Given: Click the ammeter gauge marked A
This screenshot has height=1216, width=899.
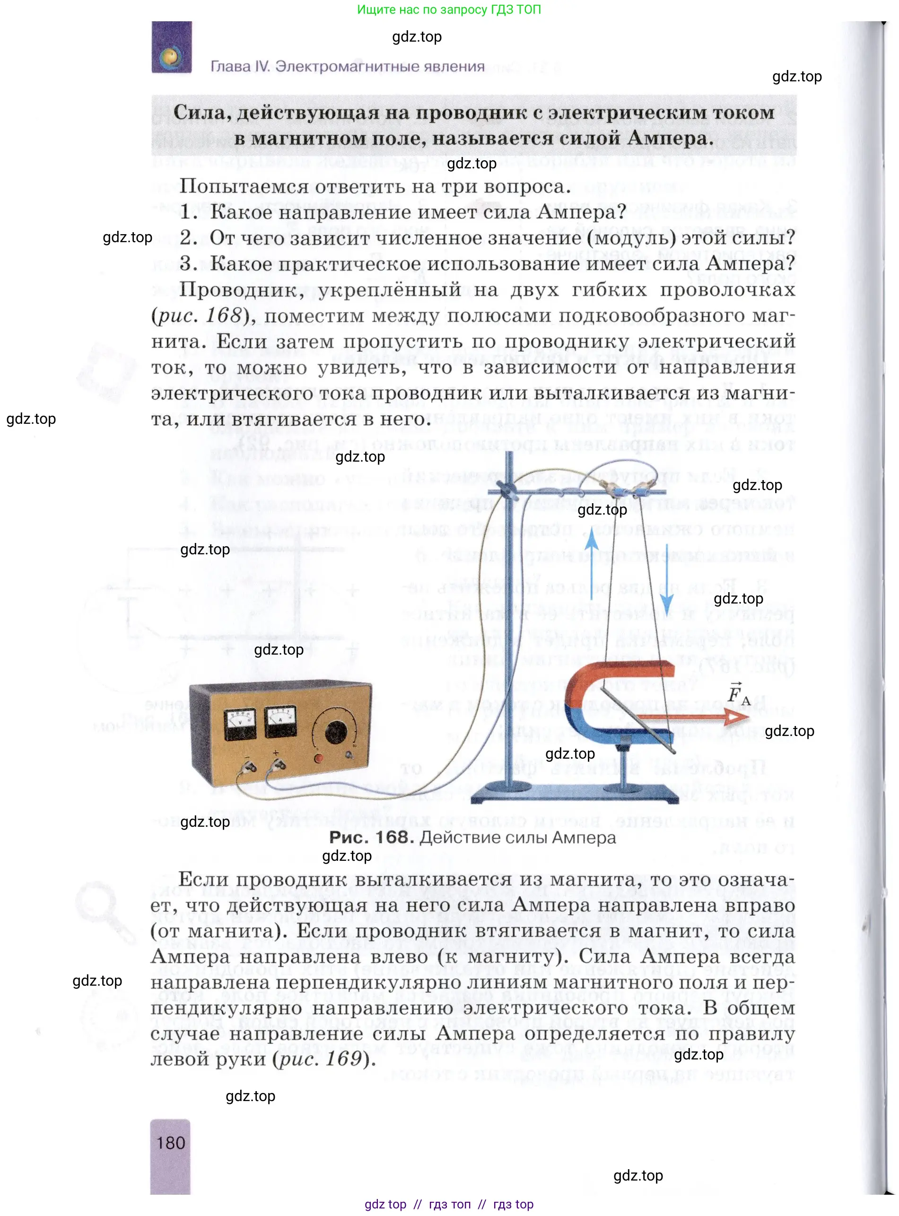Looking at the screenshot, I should [280, 721].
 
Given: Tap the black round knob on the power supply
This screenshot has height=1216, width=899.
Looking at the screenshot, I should [336, 733].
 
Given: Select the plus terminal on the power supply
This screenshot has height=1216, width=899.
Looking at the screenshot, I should [278, 765].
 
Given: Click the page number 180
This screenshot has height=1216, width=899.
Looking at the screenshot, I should [171, 1143].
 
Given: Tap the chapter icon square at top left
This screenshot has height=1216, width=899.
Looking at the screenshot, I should [171, 47].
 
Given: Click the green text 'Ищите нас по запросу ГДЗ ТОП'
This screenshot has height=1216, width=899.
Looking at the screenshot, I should [449, 9].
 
